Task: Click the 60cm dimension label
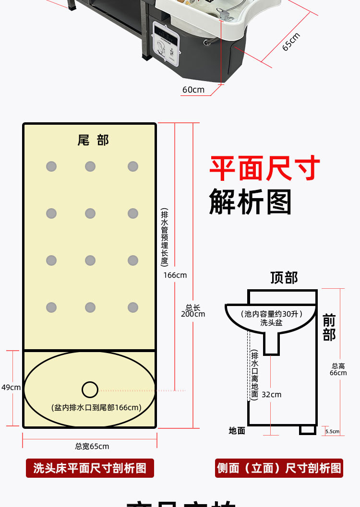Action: [x=193, y=90]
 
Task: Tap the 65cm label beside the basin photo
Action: [x=291, y=42]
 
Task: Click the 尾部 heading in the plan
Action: [x=93, y=140]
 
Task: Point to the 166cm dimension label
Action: [x=175, y=275]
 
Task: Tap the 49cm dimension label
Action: [x=11, y=388]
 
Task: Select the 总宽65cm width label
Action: [x=92, y=447]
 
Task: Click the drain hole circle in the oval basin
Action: [x=90, y=389]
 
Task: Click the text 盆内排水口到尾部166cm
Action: [x=96, y=408]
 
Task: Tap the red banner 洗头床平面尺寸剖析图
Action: [x=90, y=468]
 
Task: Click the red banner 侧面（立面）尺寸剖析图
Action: [x=279, y=468]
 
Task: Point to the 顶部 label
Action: [x=284, y=278]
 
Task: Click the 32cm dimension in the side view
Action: [x=272, y=394]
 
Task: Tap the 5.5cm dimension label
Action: [x=332, y=432]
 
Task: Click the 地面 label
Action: [x=237, y=431]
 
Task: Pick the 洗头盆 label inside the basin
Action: [x=271, y=323]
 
